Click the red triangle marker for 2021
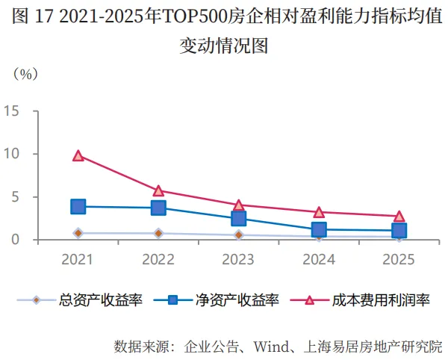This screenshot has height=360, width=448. pos(78,155)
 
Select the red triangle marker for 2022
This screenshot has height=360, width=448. pos(158,191)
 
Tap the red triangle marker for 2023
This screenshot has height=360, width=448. pos(239,205)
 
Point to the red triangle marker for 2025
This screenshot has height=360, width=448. pos(399,217)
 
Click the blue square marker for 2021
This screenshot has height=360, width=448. pos(78,206)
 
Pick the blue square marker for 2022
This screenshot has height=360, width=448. pos(158,208)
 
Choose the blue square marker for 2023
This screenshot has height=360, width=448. pos(239,219)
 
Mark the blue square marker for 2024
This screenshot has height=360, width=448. pos(319,229)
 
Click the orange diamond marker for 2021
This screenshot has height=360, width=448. pos(78,233)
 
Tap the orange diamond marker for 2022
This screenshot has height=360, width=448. pos(158,234)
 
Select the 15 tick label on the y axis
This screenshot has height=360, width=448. pos(11,111)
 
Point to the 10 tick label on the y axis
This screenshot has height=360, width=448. pos(11,154)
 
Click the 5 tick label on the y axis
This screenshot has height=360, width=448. pos(16,197)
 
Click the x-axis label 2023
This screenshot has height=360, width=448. pos(238,259)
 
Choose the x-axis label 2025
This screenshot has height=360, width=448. pos(399,259)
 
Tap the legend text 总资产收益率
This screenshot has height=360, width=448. pos(101,300)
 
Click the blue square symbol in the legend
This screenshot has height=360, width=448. pos(172,300)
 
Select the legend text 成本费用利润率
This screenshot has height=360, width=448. pos(381,300)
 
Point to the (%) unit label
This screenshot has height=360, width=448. pos(25,74)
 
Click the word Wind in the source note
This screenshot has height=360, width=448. pos(272,347)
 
